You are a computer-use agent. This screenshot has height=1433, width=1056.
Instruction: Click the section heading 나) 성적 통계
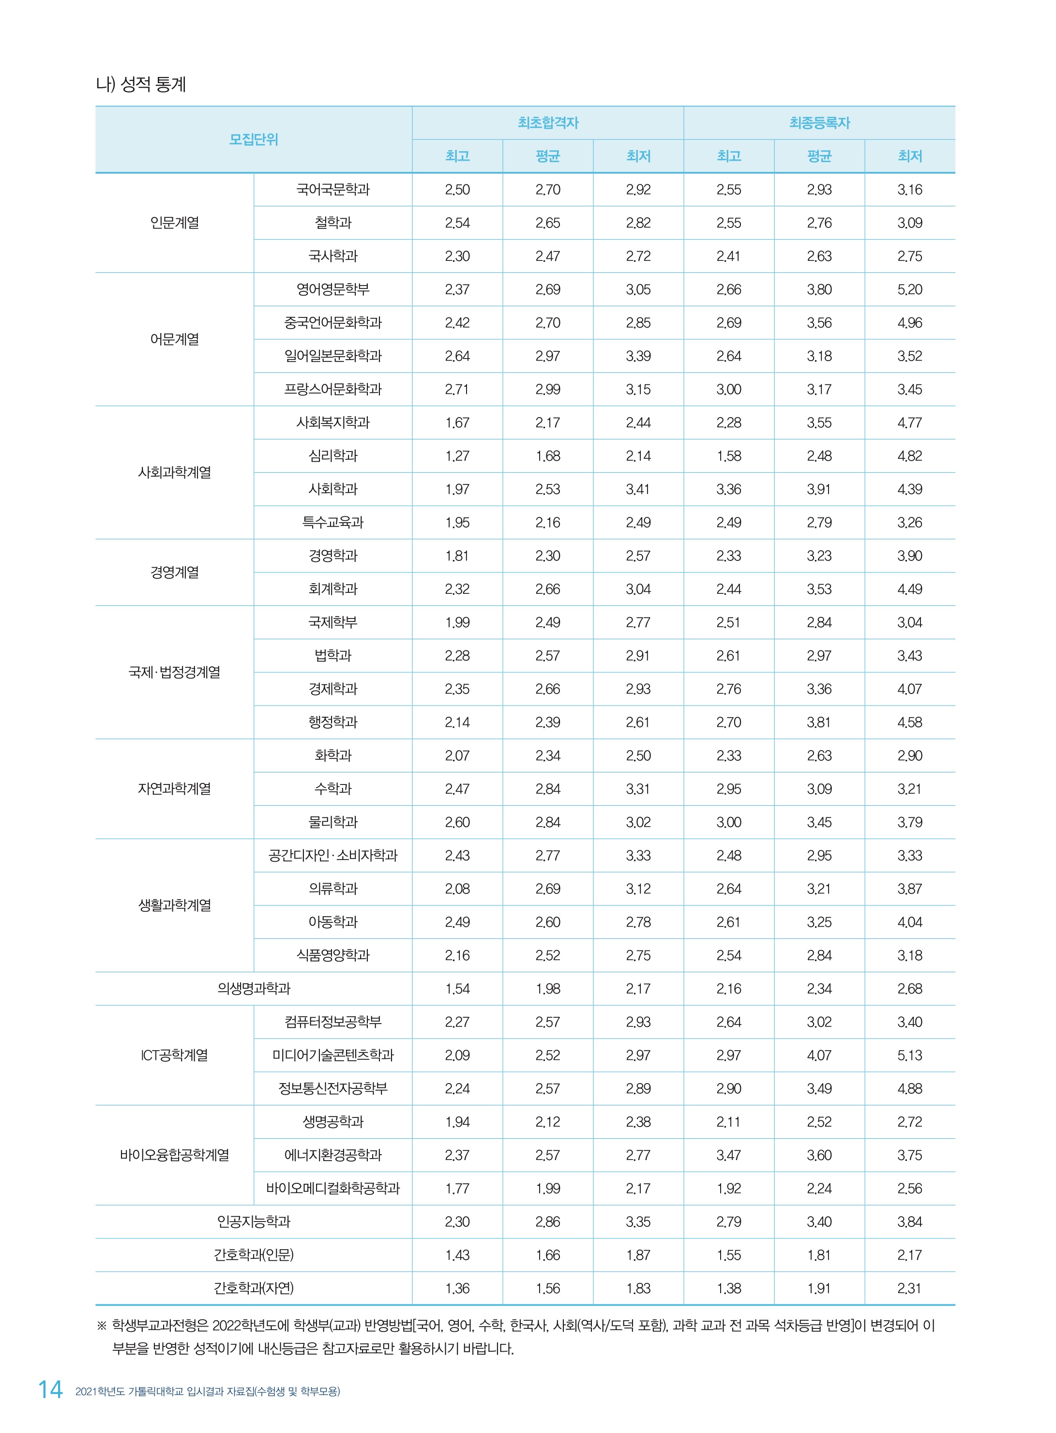click(141, 84)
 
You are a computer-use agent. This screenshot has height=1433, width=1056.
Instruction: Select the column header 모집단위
click(254, 139)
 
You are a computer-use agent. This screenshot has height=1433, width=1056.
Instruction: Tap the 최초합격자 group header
click(548, 123)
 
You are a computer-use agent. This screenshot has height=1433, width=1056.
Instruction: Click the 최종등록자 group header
click(819, 123)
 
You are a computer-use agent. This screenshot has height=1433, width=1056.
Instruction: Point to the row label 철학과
click(333, 223)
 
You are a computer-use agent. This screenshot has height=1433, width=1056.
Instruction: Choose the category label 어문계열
click(175, 339)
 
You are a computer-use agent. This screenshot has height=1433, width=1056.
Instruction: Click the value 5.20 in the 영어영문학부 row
click(910, 289)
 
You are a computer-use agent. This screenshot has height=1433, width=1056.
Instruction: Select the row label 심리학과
click(333, 456)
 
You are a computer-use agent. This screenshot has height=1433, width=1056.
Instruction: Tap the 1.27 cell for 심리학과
click(457, 456)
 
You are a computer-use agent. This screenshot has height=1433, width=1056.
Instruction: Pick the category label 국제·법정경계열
click(175, 672)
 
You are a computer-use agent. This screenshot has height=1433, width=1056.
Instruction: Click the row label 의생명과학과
click(254, 988)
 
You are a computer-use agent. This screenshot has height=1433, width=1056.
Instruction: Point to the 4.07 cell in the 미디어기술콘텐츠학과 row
click(819, 1055)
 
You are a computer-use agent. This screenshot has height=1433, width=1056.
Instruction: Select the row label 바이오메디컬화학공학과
click(333, 1188)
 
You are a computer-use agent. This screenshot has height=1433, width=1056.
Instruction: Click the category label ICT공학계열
click(175, 1055)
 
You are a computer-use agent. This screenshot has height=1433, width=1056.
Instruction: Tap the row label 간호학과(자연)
click(254, 1288)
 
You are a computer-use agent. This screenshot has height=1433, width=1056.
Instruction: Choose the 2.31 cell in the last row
click(910, 1288)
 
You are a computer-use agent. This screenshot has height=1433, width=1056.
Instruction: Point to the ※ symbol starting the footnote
click(102, 1326)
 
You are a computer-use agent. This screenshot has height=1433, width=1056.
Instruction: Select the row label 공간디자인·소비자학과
click(333, 855)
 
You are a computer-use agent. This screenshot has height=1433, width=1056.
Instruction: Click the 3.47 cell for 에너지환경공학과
click(729, 1155)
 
